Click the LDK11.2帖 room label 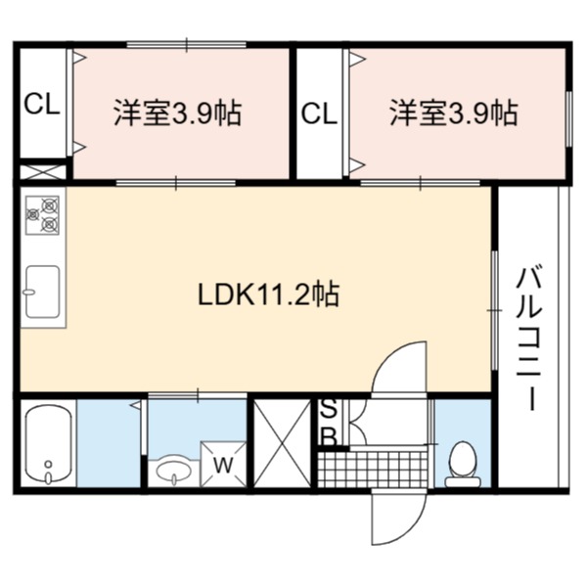268,293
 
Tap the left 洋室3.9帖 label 178,113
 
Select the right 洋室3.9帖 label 454,113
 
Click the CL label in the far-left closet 42,105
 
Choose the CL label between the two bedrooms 319,113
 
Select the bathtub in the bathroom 48,443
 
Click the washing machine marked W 223,464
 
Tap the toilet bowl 463,464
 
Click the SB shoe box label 330,423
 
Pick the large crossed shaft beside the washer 283,443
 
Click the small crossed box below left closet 42,172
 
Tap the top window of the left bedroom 187,45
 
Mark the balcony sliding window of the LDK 495,311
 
